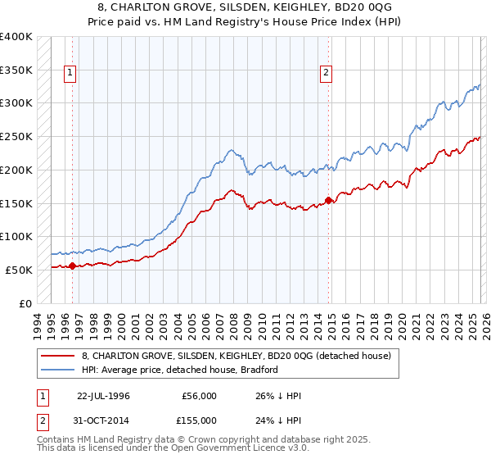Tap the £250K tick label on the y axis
coord(16,136)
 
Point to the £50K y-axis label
coord(19,270)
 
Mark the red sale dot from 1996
coord(72,266)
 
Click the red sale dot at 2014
coord(329,199)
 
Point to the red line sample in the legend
coord(58,356)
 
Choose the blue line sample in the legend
coord(58,370)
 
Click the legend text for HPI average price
coord(180,370)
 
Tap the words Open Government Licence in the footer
coord(217,449)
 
